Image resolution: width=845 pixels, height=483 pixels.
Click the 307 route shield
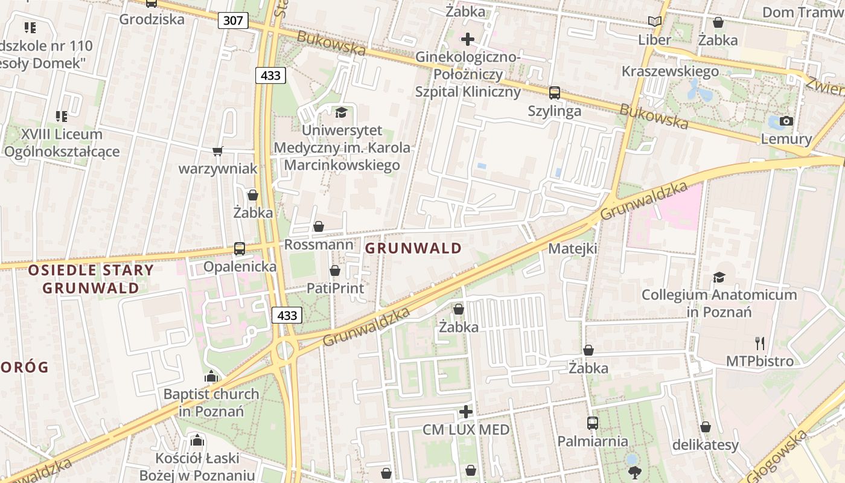click(x=233, y=21)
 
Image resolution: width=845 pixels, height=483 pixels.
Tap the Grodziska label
click(x=151, y=19)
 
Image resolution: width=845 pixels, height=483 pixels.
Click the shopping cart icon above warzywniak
click(x=217, y=151)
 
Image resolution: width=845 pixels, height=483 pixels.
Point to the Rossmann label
click(x=318, y=245)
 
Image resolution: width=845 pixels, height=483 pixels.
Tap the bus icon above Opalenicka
click(x=240, y=248)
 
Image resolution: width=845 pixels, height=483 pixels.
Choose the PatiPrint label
click(x=335, y=288)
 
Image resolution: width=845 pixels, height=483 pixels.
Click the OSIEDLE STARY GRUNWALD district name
click(x=91, y=278)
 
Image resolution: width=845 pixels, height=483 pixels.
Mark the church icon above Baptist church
click(x=211, y=376)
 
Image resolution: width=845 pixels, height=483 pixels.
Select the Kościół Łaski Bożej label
click(x=197, y=467)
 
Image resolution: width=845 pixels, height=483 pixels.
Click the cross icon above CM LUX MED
click(x=466, y=412)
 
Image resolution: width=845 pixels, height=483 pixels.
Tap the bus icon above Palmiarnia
click(x=592, y=423)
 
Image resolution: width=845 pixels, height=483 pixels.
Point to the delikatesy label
click(x=705, y=445)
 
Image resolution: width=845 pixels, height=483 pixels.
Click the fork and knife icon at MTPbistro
click(x=760, y=343)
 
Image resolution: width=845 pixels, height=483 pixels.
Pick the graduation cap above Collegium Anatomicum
click(x=719, y=277)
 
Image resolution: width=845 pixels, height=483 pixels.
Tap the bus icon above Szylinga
click(x=554, y=93)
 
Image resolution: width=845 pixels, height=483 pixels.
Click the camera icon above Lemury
click(x=786, y=121)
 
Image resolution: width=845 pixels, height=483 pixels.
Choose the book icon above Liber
click(x=654, y=22)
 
